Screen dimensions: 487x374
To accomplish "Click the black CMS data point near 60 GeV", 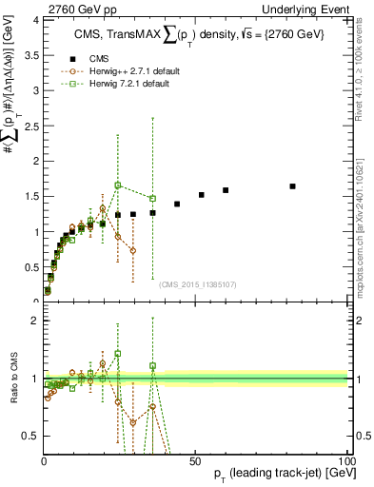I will (x=226, y=190).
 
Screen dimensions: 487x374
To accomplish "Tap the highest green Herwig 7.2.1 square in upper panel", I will (x=118, y=185).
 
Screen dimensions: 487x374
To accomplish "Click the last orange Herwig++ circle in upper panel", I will (x=133, y=250).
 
